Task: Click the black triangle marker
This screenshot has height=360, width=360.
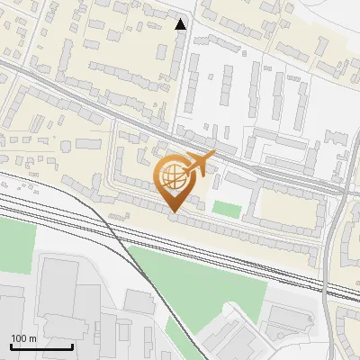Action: pos(181,24)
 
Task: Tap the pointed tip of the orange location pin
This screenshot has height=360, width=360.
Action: pos(175,211)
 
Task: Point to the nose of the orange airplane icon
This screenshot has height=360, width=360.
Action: pos(215,156)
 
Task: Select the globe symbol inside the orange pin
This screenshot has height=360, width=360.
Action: pos(174,176)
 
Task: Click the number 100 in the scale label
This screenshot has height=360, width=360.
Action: pos(19,338)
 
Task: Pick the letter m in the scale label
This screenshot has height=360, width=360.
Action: pos(31,338)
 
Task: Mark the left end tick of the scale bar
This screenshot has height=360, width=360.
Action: pos(11,346)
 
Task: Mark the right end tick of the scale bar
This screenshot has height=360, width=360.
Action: pos(72,346)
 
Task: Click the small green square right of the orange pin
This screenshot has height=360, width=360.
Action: pos(229,210)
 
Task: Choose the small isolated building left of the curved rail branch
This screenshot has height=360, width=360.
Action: pos(139,301)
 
